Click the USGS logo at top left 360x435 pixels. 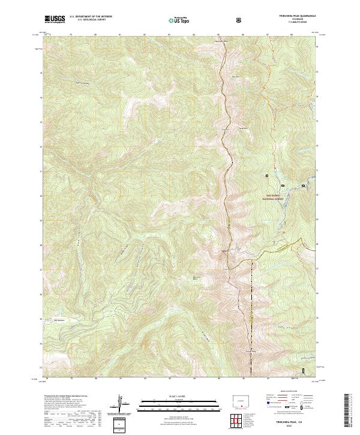click(55, 19)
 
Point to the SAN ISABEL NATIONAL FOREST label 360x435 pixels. click(278, 196)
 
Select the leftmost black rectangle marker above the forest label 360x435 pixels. click(268, 176)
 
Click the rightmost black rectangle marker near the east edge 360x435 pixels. click(303, 186)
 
